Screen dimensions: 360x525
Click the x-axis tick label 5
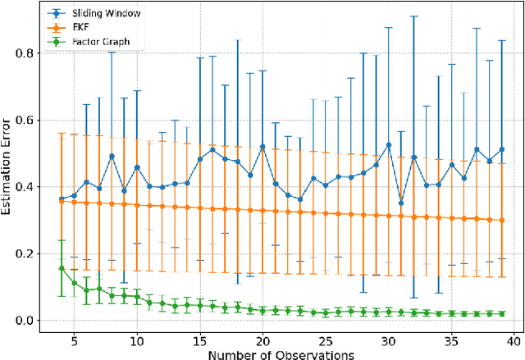[x=74, y=338]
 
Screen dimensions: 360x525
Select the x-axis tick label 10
[x=137, y=338]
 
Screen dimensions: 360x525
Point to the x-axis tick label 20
[x=262, y=338]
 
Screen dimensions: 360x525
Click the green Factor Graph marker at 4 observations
[x=62, y=268]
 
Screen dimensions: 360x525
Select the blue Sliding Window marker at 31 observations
[x=400, y=203]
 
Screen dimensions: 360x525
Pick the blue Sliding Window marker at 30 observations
[x=388, y=144]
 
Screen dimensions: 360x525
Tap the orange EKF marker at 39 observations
[x=501, y=220]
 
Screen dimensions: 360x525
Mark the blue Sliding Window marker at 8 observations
[x=112, y=156]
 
